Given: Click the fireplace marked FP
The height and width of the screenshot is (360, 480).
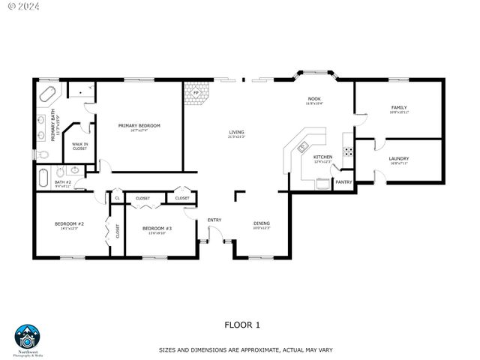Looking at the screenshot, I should tap(196, 94).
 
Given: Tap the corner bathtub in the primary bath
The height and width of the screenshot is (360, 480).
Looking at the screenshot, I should tap(48, 96).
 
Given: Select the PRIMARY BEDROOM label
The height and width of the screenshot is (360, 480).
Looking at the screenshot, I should tap(139, 125).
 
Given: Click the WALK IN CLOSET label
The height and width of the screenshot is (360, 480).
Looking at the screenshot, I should tap(79, 146).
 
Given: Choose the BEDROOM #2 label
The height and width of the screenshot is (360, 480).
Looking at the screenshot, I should tap(69, 223).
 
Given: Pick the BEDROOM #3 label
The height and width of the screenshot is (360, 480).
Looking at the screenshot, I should tap(157, 228).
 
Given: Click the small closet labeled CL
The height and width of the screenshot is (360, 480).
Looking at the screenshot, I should tap(117, 198).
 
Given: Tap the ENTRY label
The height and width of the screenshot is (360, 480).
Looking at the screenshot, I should tap(214, 220).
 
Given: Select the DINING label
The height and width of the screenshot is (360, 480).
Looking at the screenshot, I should tap(261, 223).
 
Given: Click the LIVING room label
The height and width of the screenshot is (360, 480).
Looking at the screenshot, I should tap(236, 133).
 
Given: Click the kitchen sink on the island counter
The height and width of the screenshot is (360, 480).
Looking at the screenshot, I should tap(303, 146).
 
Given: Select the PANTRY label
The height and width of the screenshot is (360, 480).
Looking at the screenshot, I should tap(343, 181).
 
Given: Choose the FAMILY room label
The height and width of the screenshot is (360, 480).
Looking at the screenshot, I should tap(398, 107).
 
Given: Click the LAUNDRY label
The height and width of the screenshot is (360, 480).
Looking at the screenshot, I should tap(398, 158).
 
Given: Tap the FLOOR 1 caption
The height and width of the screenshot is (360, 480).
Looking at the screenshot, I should tap(242, 325).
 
